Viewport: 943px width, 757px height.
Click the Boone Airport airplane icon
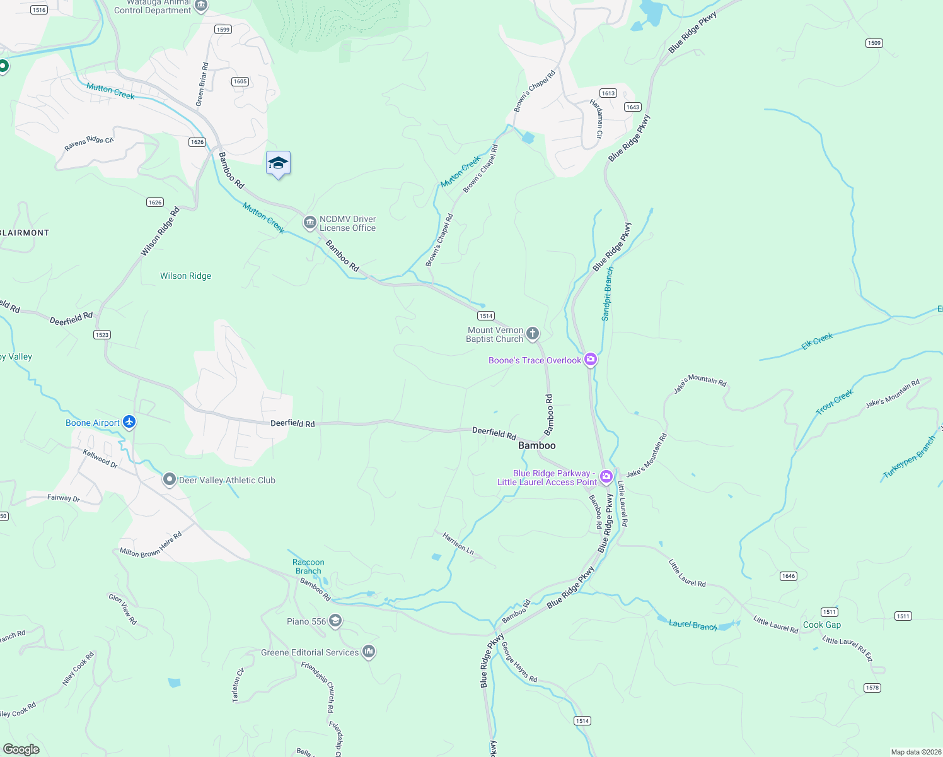[129, 422]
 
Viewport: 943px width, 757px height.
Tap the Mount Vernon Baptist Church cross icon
[533, 334]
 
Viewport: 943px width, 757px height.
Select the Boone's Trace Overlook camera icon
[591, 360]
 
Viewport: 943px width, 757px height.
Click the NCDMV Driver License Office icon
[310, 223]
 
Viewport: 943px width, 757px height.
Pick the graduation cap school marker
[278, 163]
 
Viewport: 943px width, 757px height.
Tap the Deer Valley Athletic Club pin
[169, 480]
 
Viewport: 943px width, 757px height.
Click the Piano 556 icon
[335, 621]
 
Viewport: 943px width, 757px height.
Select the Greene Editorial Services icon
[369, 652]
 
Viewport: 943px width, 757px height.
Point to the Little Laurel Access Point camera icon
[606, 477]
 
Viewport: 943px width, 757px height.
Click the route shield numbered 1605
[240, 81]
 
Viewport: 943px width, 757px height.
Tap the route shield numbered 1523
[102, 335]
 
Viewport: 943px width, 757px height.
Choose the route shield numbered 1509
[874, 43]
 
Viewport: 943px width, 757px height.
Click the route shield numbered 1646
[789, 576]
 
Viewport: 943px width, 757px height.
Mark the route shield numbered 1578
[872, 688]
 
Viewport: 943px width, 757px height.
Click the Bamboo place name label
[537, 445]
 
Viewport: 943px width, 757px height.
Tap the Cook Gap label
[822, 625]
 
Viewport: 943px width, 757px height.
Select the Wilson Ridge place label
[186, 276]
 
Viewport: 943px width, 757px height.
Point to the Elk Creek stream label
[818, 341]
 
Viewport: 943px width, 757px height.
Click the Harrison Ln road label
[458, 543]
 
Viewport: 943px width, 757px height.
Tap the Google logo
[21, 749]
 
